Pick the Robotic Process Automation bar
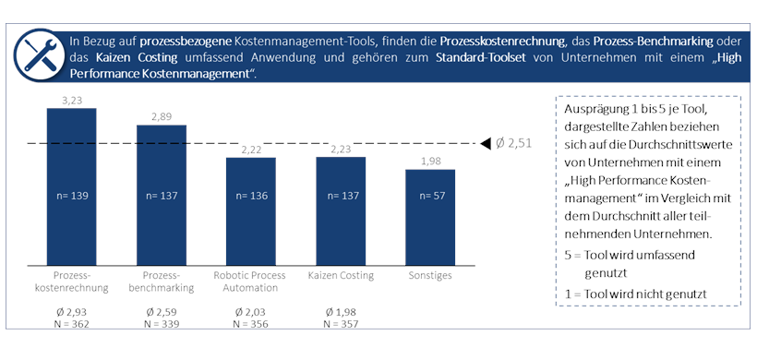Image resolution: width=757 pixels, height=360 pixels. [x=251, y=212]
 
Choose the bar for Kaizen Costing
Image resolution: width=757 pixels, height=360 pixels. [x=341, y=212]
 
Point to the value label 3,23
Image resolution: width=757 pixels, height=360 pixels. [x=72, y=99]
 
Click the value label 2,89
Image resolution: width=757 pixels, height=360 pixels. [x=162, y=116]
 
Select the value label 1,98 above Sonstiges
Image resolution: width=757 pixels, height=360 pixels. [x=430, y=162]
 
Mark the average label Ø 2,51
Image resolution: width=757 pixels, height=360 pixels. [x=512, y=143]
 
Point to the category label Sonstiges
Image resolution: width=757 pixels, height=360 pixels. [x=430, y=275]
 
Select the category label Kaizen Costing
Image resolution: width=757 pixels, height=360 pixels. [x=341, y=275]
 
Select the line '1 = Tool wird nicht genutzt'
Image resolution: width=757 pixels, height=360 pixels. [x=635, y=293]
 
